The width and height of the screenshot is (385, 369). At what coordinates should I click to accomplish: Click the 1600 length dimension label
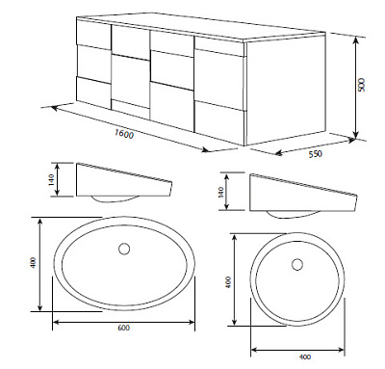(124, 134)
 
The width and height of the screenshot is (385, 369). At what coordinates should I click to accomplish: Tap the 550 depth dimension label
(315, 154)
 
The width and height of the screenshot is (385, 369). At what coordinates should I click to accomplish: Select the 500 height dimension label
(362, 85)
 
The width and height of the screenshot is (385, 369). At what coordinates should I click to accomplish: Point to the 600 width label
(123, 328)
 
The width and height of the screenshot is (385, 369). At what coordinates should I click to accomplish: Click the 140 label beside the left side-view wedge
(52, 179)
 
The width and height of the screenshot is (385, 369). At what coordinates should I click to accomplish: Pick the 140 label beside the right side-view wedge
(221, 192)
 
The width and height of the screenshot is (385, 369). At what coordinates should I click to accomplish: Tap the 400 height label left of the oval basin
(34, 263)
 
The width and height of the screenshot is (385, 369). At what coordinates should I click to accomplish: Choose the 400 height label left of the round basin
(228, 282)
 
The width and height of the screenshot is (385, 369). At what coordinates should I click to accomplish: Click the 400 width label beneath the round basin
(304, 356)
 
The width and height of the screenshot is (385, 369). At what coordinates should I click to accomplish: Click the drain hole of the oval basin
(124, 249)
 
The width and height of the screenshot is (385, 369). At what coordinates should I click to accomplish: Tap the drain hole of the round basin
(297, 264)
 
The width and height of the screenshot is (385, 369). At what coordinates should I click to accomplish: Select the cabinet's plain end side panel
(286, 90)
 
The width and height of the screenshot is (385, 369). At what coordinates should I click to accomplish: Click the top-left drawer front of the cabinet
(93, 34)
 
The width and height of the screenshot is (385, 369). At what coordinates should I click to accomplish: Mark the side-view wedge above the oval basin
(124, 180)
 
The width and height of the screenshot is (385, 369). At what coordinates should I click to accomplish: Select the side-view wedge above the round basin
(303, 193)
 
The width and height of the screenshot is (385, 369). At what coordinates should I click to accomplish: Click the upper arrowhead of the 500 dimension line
(355, 40)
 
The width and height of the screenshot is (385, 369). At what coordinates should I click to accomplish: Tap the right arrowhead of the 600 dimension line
(192, 321)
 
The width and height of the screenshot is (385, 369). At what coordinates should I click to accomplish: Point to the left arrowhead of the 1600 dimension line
(54, 108)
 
